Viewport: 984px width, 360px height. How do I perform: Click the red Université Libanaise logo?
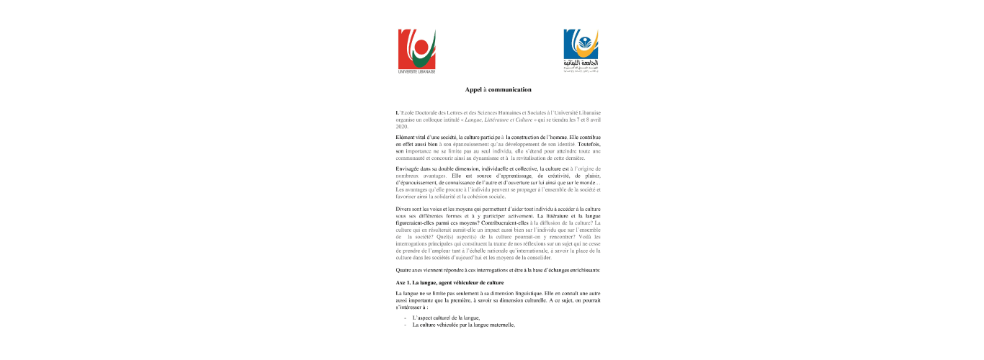[416, 49]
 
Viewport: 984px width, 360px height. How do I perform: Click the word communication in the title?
[509, 90]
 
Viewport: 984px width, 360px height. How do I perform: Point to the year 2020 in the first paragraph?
[402, 127]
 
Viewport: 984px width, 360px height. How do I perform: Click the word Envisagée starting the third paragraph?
[411, 168]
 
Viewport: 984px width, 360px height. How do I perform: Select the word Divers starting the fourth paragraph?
[405, 208]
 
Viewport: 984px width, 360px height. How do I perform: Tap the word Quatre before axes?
[406, 269]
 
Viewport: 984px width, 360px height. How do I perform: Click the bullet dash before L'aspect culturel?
[405, 318]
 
